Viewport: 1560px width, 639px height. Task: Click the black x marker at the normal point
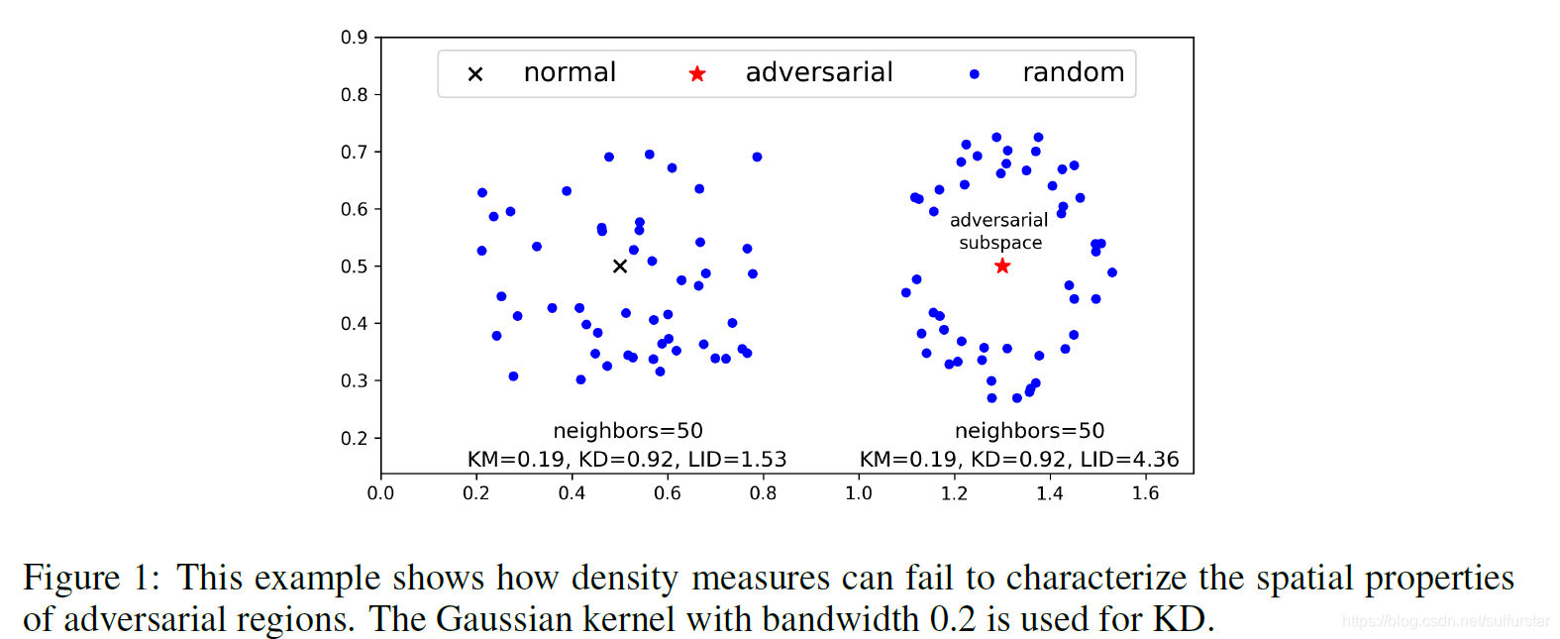click(620, 266)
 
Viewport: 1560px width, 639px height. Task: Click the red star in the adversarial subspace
click(1002, 266)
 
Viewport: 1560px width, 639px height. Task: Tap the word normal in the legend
click(570, 73)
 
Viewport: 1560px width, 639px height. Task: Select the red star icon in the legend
click(697, 74)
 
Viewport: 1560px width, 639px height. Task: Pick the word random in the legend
click(1073, 73)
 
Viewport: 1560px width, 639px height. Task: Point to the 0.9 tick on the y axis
click(355, 38)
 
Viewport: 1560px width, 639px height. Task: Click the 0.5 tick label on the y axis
click(355, 266)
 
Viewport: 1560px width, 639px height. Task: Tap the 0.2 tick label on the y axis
click(355, 438)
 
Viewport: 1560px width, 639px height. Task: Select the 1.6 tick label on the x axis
click(1145, 493)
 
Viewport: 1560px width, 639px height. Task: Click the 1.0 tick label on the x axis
click(859, 493)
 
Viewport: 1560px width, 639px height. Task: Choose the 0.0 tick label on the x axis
click(380, 493)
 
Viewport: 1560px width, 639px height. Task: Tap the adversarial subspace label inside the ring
click(999, 232)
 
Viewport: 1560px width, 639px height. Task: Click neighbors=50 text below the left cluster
click(628, 431)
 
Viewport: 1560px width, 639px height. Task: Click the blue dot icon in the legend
click(975, 74)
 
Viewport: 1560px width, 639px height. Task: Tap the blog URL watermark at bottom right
click(1445, 621)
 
